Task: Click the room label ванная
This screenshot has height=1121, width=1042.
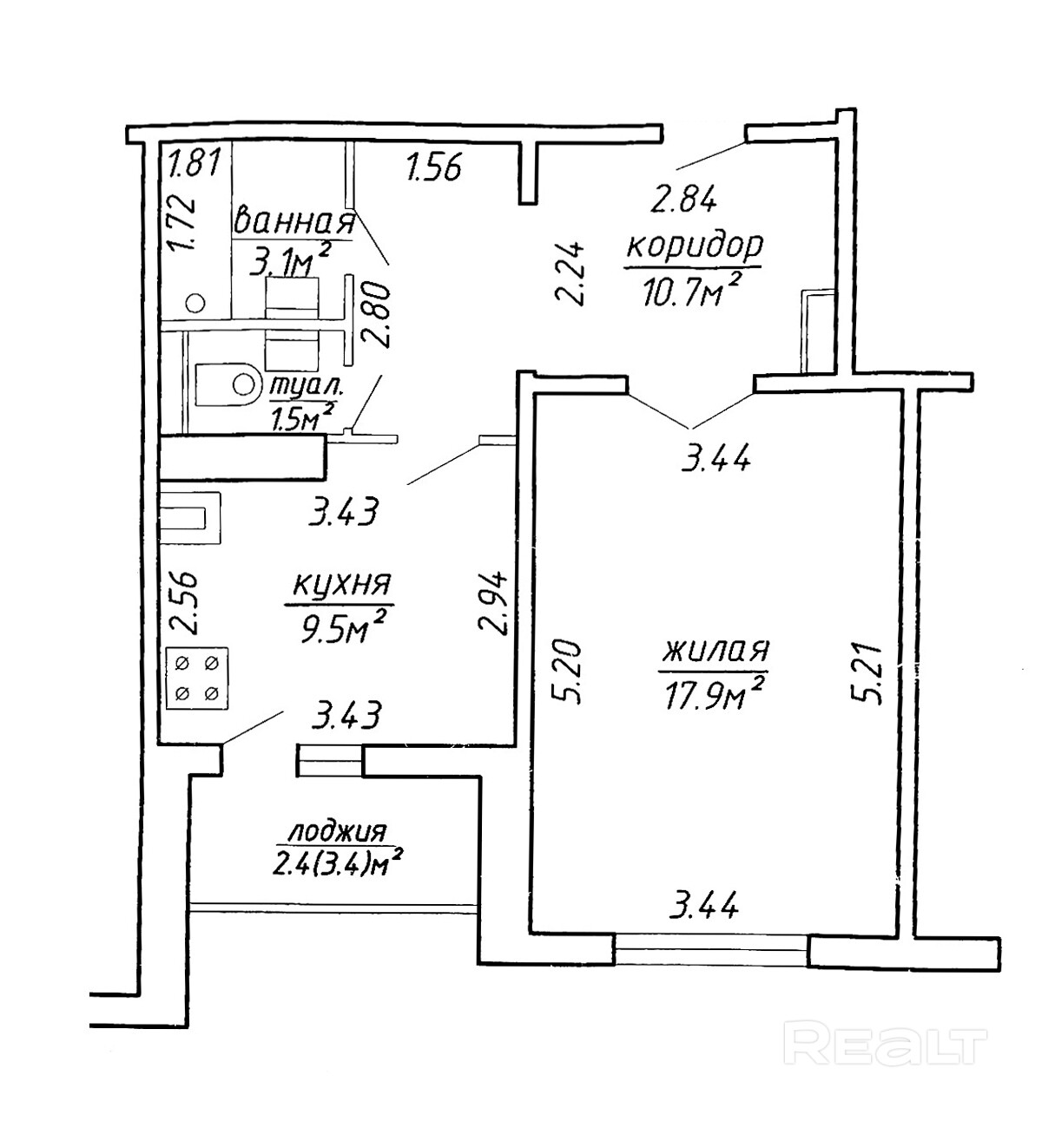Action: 294,222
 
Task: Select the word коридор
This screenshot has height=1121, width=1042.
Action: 694,246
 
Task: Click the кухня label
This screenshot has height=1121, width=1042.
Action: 340,587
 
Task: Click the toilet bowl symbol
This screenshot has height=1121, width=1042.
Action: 228,384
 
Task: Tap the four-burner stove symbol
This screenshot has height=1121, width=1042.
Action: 196,678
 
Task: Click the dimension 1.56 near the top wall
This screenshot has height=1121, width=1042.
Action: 433,165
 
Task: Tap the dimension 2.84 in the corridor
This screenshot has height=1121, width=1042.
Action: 683,200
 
